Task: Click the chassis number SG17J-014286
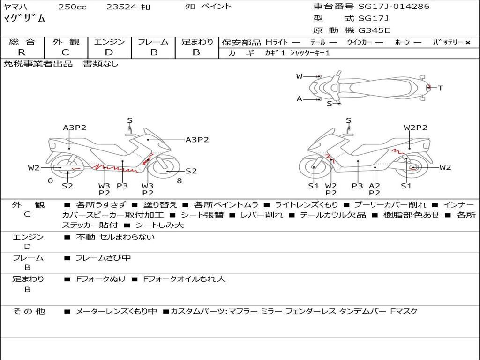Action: pos(394,7)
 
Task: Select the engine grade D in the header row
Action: pos(109,52)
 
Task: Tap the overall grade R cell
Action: pos(22,52)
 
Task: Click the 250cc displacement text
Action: pos(72,7)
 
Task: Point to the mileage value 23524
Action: pos(122,7)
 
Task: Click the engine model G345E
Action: pos(374,31)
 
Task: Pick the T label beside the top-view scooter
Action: pos(441,88)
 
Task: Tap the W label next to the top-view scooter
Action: pos(299,76)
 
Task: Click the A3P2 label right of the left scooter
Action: pos(197,140)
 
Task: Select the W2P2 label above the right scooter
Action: pos(415,127)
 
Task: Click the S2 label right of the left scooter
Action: pos(191,171)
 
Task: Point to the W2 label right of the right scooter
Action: pos(445,167)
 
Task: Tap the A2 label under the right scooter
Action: pos(374,186)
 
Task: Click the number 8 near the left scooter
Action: pos(179,180)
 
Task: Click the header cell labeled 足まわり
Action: pos(197,42)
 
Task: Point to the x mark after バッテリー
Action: pos(467,42)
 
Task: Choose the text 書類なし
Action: pos(101,64)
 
